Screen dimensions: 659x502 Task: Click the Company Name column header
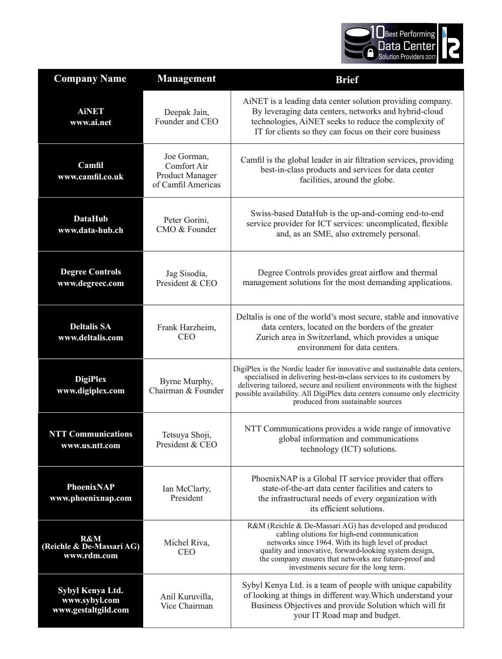tap(90, 79)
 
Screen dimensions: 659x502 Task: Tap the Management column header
tap(186, 79)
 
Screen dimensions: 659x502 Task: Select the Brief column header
tap(347, 80)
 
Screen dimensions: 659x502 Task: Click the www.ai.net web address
tap(91, 122)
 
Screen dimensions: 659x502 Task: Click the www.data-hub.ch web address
tap(91, 230)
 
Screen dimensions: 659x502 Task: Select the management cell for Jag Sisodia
tap(186, 278)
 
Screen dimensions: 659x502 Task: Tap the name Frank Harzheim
tap(186, 328)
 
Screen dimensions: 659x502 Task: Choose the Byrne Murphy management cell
tap(186, 386)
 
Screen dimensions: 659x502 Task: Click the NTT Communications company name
tap(91, 434)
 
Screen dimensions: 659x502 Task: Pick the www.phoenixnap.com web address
tap(91, 498)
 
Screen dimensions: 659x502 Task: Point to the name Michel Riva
tap(186, 542)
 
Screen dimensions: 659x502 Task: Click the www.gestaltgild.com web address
tap(91, 610)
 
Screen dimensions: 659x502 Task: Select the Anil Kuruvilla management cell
tap(186, 601)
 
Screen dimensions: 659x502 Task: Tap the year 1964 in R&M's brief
tap(326, 542)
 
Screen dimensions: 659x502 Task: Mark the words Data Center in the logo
tap(407, 46)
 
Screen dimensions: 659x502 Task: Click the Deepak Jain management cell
tap(186, 117)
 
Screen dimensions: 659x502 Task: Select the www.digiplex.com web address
tap(91, 391)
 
